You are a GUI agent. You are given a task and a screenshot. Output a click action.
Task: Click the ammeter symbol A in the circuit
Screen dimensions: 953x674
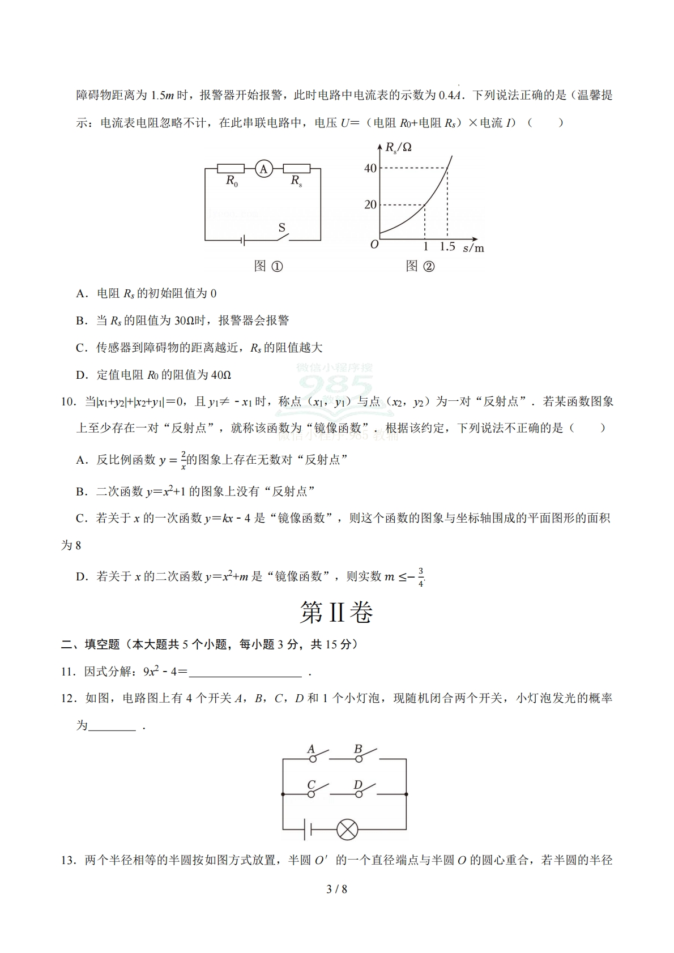tap(263, 168)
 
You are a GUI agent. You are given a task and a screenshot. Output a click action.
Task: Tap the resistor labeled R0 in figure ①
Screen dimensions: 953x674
tap(231, 168)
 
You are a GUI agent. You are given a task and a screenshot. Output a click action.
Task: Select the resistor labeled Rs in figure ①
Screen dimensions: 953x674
tap(296, 168)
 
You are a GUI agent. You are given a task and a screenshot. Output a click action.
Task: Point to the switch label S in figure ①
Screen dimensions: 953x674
tap(281, 228)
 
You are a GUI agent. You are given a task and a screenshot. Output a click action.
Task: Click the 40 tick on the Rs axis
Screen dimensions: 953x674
tap(370, 168)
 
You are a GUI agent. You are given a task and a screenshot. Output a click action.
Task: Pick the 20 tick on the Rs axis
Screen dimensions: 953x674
tap(370, 204)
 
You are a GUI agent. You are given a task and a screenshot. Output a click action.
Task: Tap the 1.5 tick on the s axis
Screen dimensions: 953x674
tap(447, 247)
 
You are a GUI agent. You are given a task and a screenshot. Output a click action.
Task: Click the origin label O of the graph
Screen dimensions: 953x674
tap(374, 245)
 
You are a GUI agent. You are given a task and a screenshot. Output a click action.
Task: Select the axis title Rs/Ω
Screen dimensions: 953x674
tap(398, 148)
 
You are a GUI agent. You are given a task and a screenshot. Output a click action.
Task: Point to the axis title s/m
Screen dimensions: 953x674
tap(473, 247)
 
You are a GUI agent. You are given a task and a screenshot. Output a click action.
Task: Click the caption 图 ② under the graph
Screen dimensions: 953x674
tap(420, 266)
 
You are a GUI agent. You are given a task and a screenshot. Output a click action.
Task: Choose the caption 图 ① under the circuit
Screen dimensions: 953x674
tap(268, 266)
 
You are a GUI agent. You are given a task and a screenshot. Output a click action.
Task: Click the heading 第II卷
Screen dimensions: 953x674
tap(336, 613)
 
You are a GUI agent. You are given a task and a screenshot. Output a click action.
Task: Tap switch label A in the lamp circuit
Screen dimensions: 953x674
tap(311, 749)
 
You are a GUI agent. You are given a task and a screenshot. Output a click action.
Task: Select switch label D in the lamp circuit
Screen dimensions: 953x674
tap(357, 785)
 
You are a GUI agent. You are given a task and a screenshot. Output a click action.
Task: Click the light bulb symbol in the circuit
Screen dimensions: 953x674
tap(347, 830)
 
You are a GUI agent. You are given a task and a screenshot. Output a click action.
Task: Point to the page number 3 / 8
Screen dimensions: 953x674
tap(337, 889)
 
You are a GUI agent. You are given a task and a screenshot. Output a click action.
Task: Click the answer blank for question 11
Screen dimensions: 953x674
tap(245, 672)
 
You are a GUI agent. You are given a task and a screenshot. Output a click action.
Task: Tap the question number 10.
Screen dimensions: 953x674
tap(68, 402)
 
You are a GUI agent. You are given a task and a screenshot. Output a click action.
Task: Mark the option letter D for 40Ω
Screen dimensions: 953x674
tap(82, 375)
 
